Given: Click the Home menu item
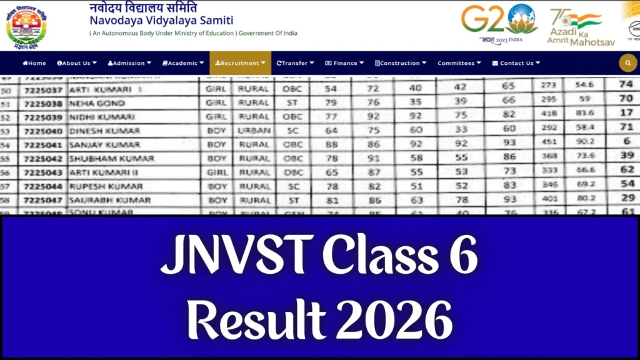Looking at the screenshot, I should click(34, 63).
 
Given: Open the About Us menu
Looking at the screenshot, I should click(76, 63).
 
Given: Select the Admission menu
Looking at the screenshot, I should click(129, 63).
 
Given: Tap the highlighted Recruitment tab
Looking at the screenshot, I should click(240, 63).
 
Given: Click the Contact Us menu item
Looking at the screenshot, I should click(516, 63).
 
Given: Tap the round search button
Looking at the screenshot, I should click(627, 63).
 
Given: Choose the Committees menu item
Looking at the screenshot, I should click(459, 63).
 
